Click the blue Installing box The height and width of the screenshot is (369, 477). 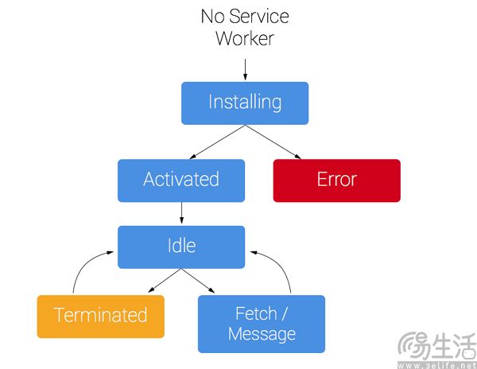(x=245, y=103)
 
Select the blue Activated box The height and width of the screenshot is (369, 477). (x=181, y=181)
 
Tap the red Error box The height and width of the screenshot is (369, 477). (x=337, y=181)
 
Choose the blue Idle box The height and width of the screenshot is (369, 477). (x=181, y=247)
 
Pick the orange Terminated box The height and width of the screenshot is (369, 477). (x=101, y=317)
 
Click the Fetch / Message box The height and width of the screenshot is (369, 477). (x=262, y=324)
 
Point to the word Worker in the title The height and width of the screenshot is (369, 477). (x=245, y=38)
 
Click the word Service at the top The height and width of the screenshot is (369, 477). (x=259, y=16)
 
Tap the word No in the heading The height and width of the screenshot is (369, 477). (x=213, y=16)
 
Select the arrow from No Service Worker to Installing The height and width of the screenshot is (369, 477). (x=245, y=70)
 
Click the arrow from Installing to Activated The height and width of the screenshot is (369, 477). (x=217, y=142)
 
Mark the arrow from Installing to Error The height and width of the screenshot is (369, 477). (x=273, y=142)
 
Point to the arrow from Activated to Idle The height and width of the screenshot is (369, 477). (x=181, y=213)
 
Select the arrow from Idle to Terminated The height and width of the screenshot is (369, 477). (x=165, y=281)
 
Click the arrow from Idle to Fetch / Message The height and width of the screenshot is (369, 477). (x=198, y=281)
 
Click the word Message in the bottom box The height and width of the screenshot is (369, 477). (x=262, y=334)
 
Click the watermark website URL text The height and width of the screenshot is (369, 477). (x=437, y=365)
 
